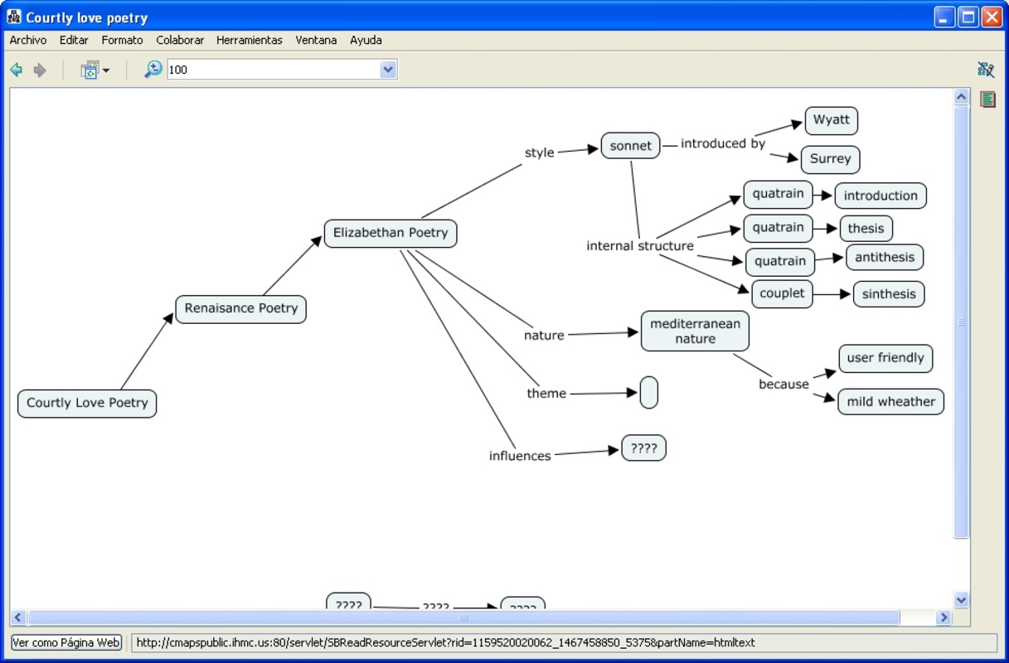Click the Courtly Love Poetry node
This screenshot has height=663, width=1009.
point(87,404)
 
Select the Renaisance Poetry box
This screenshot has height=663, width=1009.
point(240,308)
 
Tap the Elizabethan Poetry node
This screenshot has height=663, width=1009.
point(391,234)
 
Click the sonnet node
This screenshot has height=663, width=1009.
point(631,146)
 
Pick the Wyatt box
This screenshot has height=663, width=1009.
point(831,120)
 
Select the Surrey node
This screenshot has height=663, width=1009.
point(830,159)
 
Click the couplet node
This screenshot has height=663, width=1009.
point(782,293)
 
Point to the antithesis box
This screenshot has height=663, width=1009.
point(885,258)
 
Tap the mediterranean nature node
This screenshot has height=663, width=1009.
point(695,331)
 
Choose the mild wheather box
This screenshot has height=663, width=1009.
point(890,402)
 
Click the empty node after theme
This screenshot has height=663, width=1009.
point(649,393)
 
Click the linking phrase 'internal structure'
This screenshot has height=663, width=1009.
point(640,246)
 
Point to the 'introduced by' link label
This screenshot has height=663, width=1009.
point(723,144)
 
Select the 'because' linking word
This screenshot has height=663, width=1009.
point(783,385)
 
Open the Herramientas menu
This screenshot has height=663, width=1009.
point(249,40)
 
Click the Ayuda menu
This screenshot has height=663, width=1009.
point(366,40)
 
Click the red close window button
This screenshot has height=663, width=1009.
point(992,17)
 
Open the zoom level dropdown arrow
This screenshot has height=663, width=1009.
point(388,70)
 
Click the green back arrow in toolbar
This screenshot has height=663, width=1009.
point(16,70)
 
